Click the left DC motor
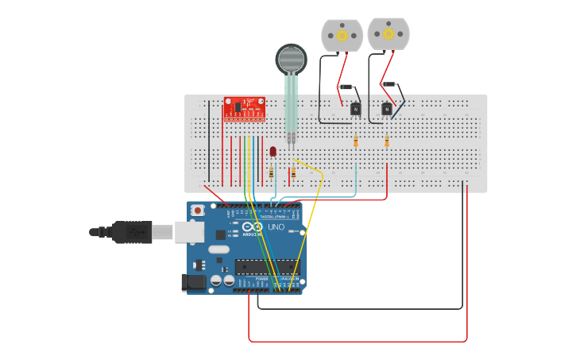pos(342,35)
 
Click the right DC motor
pos(388,33)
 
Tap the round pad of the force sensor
pos(291,59)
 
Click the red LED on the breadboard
pos(273,150)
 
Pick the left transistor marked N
pos(355,109)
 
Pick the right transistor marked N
pos(386,109)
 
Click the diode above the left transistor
pos(346,87)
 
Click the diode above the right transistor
pos(389,83)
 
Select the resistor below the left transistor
pos(355,141)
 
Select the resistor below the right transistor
pos(387,141)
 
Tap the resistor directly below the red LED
pos(272,172)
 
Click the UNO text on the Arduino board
pos(276,227)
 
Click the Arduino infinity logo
pos(253,227)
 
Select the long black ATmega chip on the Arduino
pos(266,266)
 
